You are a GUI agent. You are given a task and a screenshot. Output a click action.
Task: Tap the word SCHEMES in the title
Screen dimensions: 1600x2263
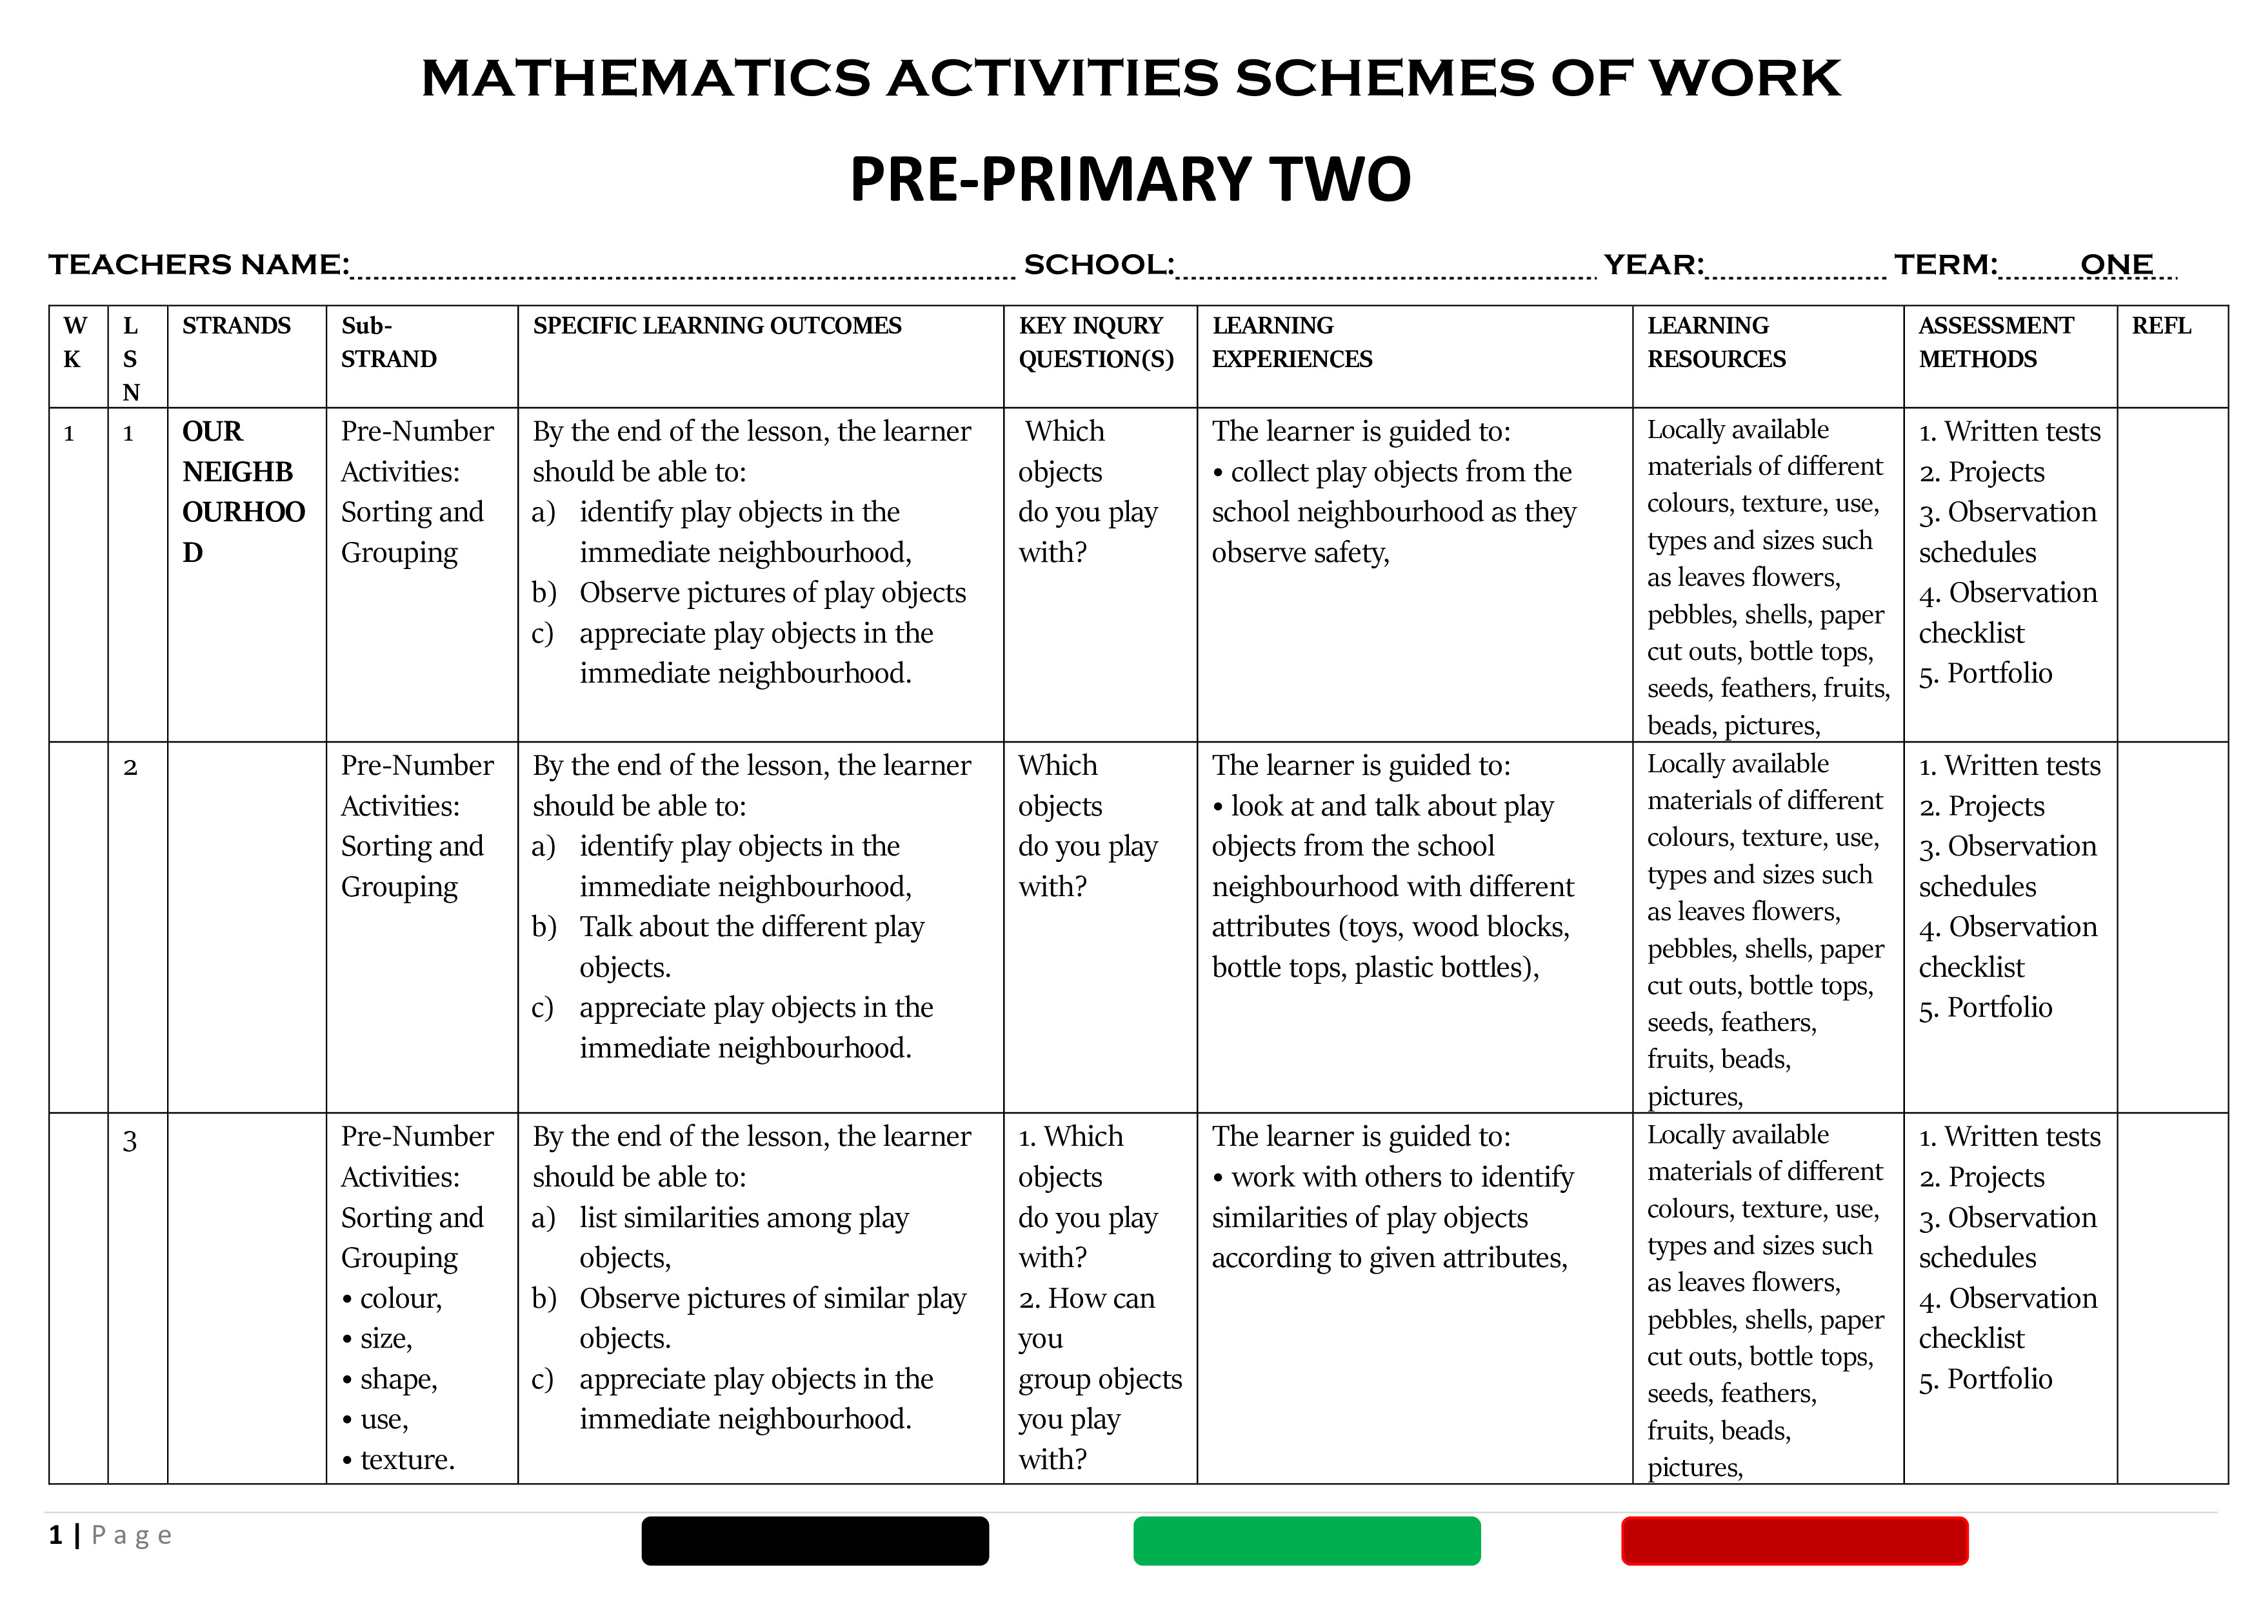coord(1385,79)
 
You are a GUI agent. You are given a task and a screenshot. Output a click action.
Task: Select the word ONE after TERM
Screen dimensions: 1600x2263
coord(2115,265)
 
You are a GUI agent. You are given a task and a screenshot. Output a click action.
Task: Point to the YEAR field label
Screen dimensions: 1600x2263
coord(1653,265)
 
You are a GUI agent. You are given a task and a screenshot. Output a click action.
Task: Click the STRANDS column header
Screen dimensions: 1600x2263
coord(237,326)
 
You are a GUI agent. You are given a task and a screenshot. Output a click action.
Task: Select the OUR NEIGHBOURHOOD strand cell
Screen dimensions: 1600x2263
coord(243,491)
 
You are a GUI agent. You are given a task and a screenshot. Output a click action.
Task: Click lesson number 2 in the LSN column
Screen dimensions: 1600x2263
coord(130,767)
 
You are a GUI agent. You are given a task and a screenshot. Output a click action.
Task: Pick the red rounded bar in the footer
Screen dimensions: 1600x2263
coord(1794,1541)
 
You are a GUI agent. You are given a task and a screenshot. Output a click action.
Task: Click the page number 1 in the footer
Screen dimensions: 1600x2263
coord(56,1535)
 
